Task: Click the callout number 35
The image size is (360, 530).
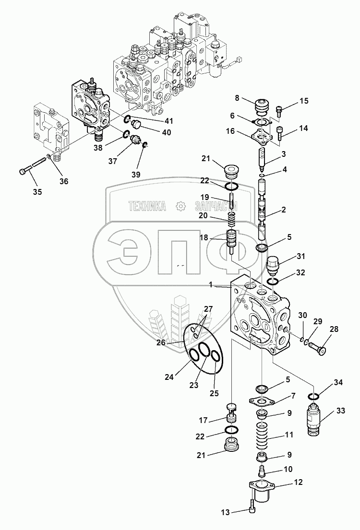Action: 37,192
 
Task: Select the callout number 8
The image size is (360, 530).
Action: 237,98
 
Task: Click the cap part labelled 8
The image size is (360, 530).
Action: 262,106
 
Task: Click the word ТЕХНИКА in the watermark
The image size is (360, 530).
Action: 146,207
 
